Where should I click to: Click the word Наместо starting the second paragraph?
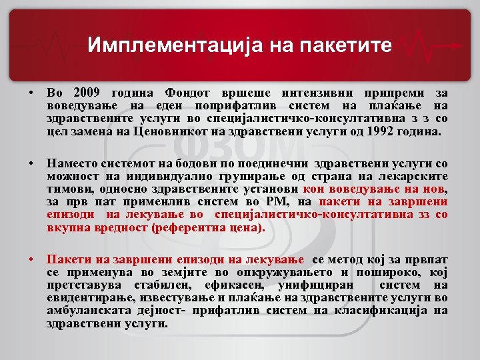pos(73,163)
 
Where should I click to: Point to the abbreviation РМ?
pos(279,201)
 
